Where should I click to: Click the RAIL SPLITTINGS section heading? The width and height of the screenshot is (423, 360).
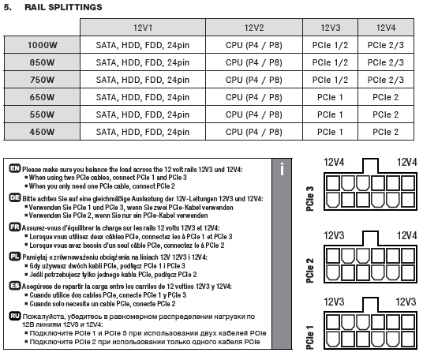pos(63,7)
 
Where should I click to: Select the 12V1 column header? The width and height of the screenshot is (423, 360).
pos(143,28)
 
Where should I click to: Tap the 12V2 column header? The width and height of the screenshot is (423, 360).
pos(254,28)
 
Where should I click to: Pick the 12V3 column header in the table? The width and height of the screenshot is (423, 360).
pos(331,28)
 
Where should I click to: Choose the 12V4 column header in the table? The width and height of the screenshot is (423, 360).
pos(386,28)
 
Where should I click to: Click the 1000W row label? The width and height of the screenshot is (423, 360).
pos(43,45)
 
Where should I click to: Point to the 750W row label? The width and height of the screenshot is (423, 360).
pos(43,80)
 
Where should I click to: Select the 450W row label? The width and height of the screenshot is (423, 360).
pos(43,132)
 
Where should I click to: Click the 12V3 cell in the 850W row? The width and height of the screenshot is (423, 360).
pos(330,62)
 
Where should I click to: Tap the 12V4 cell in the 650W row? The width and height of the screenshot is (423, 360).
pos(385,97)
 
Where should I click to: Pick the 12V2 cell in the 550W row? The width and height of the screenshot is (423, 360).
pos(254,114)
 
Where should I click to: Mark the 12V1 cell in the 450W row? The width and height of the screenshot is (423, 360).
pos(143,132)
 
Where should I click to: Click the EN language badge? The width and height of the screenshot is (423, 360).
pos(14,168)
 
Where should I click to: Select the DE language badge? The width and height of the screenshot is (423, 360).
pos(14,197)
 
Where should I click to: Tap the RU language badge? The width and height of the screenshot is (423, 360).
pos(15,316)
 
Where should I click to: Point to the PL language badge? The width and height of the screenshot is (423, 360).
pos(14,256)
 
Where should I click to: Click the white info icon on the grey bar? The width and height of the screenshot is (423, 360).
pos(282,169)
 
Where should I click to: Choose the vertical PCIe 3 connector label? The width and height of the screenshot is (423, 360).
pos(310,199)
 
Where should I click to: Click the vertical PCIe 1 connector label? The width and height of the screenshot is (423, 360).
pos(310,337)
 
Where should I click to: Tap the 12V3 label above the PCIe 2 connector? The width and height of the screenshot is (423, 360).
pos(334,235)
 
